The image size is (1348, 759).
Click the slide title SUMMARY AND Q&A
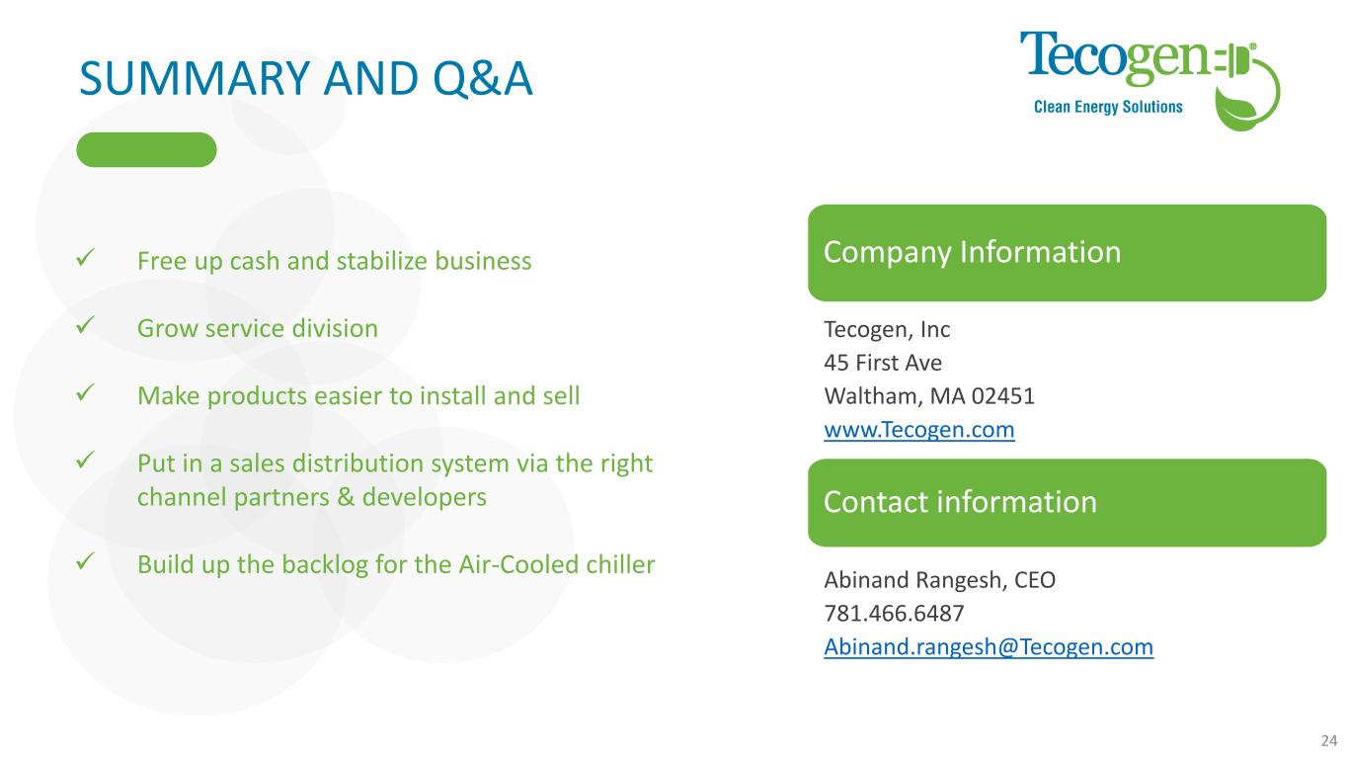(x=306, y=79)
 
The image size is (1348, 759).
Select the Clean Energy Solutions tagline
(x=1108, y=107)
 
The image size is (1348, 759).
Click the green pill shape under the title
(x=146, y=149)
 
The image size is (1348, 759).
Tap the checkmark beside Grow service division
(x=86, y=325)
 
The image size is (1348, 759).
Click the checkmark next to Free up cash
(x=86, y=258)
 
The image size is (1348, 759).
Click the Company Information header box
(x=1067, y=253)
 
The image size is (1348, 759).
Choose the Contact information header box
(x=1067, y=503)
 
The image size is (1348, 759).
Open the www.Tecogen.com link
(x=919, y=430)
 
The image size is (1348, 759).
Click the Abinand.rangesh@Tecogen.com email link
(x=989, y=647)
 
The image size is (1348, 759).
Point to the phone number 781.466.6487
(x=894, y=613)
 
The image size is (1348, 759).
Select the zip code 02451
(x=1003, y=395)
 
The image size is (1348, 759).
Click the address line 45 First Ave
(x=883, y=363)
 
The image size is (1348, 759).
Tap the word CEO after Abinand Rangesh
(x=1035, y=579)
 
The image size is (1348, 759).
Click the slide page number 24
(x=1329, y=740)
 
